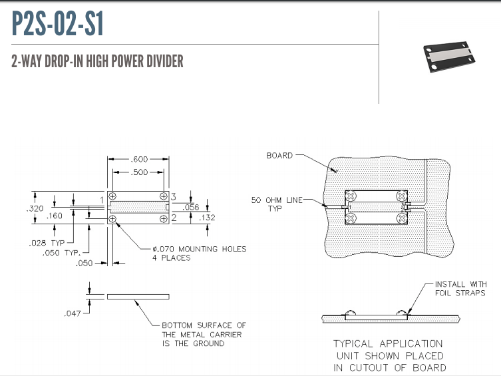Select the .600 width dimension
(x=139, y=159)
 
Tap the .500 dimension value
(x=139, y=172)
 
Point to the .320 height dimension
(x=36, y=208)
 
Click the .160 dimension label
(x=55, y=216)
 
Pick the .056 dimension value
(x=190, y=207)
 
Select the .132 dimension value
(x=190, y=218)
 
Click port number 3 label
(x=172, y=196)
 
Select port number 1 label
(x=102, y=200)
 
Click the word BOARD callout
(x=279, y=156)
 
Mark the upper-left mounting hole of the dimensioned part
(x=112, y=196)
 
